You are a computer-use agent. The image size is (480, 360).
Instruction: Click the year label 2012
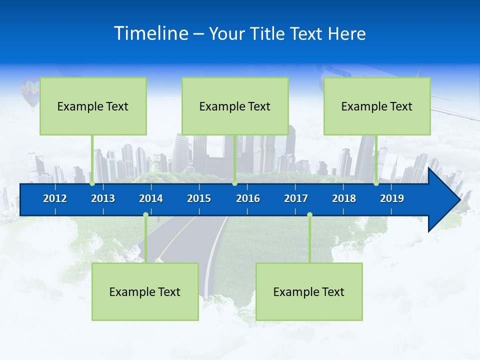pyautogui.click(x=55, y=198)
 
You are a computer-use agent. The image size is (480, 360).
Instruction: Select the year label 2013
pyautogui.click(x=103, y=198)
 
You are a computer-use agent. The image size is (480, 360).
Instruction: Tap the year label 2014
pyautogui.click(x=151, y=198)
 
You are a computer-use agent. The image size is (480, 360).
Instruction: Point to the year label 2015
pyautogui.click(x=199, y=198)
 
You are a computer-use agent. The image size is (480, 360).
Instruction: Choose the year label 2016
pyautogui.click(x=248, y=198)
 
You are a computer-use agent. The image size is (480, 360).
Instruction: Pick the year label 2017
pyautogui.click(x=296, y=198)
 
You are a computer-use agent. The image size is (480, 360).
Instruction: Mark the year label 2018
pyautogui.click(x=344, y=198)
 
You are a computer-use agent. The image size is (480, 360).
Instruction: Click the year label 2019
pyautogui.click(x=392, y=198)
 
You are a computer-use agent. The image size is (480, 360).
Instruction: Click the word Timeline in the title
pyautogui.click(x=150, y=33)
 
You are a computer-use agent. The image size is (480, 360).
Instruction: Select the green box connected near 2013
pyautogui.click(x=93, y=106)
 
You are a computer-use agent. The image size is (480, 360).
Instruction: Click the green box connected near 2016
pyautogui.click(x=235, y=106)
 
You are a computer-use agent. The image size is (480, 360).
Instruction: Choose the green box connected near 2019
pyautogui.click(x=377, y=106)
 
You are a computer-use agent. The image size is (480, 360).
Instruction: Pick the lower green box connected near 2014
pyautogui.click(x=145, y=291)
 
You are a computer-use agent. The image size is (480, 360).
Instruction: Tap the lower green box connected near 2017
pyautogui.click(x=309, y=291)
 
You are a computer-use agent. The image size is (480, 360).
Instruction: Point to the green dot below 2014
pyautogui.click(x=145, y=215)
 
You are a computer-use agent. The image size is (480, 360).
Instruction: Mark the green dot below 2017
pyautogui.click(x=309, y=215)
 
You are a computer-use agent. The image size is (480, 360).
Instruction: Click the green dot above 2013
pyautogui.click(x=92, y=183)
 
